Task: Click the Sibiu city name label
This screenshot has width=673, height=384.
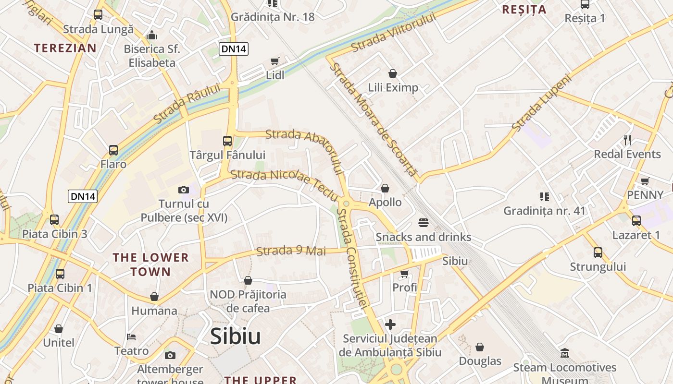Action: [235, 336]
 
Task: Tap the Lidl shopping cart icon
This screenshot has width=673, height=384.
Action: [274, 61]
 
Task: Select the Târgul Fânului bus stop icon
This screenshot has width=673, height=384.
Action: [227, 141]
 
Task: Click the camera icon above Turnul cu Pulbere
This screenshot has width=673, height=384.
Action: [184, 190]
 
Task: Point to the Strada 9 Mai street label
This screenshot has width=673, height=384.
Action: [291, 251]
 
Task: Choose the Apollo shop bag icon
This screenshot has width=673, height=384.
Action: [385, 188]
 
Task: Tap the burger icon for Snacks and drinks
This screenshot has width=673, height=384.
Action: [424, 223]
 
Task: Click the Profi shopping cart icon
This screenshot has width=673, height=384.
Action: [404, 274]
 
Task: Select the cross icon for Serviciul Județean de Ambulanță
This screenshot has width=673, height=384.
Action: [390, 324]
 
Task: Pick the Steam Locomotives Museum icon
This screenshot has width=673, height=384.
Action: [565, 353]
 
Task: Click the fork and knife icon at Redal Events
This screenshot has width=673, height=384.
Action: [627, 140]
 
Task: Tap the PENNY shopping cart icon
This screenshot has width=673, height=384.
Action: [645, 181]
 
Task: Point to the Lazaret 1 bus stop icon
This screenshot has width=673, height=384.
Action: [636, 221]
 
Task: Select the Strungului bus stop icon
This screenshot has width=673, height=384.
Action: [598, 252]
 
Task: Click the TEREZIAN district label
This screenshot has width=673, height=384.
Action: [65, 48]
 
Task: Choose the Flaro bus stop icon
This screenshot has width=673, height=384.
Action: [113, 150]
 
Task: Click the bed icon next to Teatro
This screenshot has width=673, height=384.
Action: [131, 336]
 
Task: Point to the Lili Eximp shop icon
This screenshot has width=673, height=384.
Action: [393, 73]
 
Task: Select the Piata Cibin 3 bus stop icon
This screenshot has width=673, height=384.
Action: [54, 220]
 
